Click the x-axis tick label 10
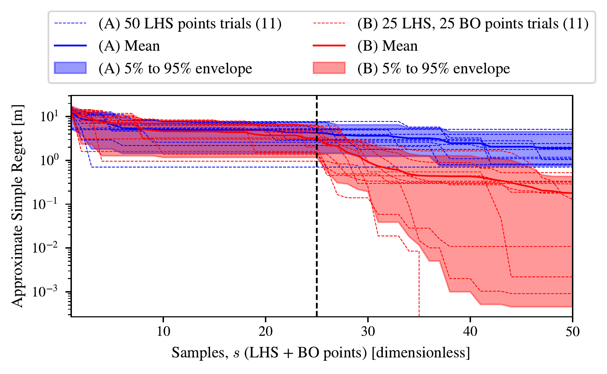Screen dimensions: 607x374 pyautogui.click(x=163, y=331)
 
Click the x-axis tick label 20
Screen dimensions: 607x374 pyautogui.click(x=265, y=331)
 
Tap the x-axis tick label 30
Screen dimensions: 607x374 pyautogui.click(x=368, y=331)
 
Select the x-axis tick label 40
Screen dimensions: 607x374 pyautogui.click(x=470, y=331)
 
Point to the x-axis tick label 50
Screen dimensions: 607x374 pyautogui.click(x=572, y=331)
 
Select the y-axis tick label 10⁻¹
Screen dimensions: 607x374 pyautogui.click(x=49, y=203)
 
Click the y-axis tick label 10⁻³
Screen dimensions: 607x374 pyautogui.click(x=49, y=291)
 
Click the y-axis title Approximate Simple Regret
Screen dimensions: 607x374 pyautogui.click(x=18, y=206)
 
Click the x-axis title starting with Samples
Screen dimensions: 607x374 pyautogui.click(x=321, y=353)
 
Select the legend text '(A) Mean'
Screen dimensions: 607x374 pyautogui.click(x=129, y=46)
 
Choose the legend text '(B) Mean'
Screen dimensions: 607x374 pyautogui.click(x=387, y=46)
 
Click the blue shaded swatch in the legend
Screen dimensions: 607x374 pyautogui.click(x=70, y=68)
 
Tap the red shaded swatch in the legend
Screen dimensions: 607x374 pyautogui.click(x=329, y=68)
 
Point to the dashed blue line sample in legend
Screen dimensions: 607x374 pyautogui.click(x=70, y=23)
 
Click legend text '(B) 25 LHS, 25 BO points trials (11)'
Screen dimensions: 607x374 pyautogui.click(x=473, y=24)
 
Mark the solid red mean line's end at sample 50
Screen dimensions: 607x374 pyautogui.click(x=572, y=193)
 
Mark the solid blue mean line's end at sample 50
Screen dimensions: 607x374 pyautogui.click(x=572, y=148)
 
